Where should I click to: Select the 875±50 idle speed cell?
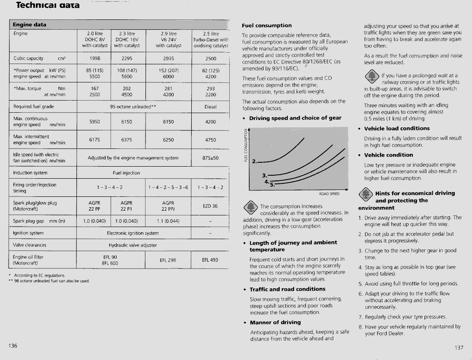pyautogui.click(x=211, y=158)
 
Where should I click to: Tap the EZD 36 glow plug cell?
pyautogui.click(x=211, y=206)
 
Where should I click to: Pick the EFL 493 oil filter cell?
pyautogui.click(x=211, y=260)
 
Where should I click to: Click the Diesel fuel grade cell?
pyautogui.click(x=211, y=107)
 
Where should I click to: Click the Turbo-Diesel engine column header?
pyautogui.click(x=211, y=39)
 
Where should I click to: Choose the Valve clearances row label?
pyautogui.click(x=30, y=245)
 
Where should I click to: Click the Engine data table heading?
pyautogui.click(x=29, y=25)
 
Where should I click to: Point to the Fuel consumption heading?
pyautogui.click(x=267, y=25)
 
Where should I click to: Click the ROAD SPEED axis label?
pyautogui.click(x=329, y=194)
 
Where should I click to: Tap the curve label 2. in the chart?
pyautogui.click(x=255, y=162)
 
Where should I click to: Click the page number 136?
pyautogui.click(x=13, y=345)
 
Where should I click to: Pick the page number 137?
pyautogui.click(x=459, y=347)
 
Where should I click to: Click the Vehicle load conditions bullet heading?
pyautogui.click(x=397, y=129)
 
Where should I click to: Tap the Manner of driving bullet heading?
pyautogui.click(x=275, y=322)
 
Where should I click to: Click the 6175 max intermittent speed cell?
pyautogui.click(x=95, y=140)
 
